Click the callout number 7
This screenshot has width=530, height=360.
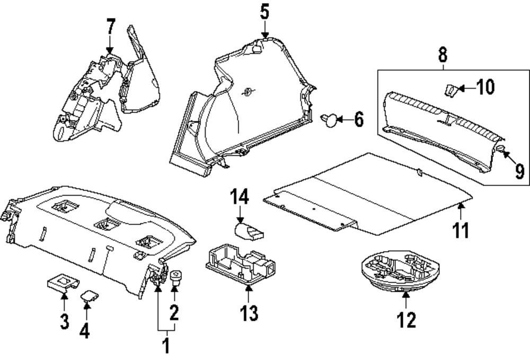tap(110, 26)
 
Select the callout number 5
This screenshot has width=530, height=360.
tap(265, 11)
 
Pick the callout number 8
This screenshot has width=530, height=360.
tap(443, 55)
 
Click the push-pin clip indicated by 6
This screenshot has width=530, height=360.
tap(330, 120)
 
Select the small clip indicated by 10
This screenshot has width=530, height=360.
tap(449, 90)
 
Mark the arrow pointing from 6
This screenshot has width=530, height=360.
tap(345, 120)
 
